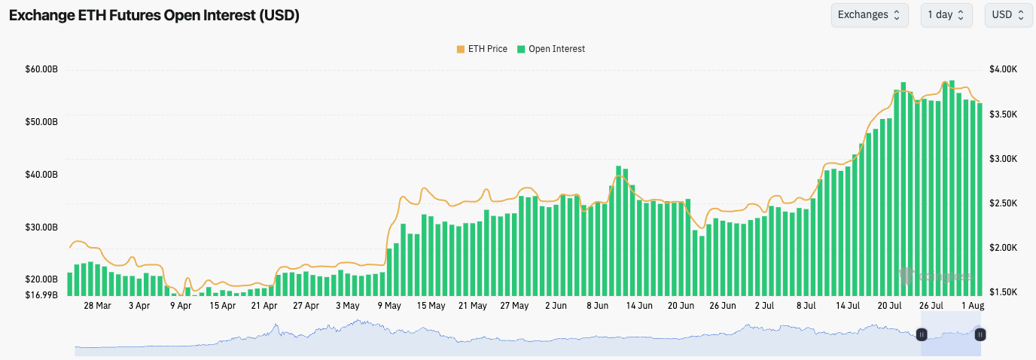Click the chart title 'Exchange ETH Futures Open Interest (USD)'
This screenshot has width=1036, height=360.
tap(154, 16)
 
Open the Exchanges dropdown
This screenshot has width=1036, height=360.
tap(869, 15)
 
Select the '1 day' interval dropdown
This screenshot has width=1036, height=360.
tap(946, 15)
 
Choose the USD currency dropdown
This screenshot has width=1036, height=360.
tap(1007, 15)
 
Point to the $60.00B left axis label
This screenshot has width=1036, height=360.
tap(41, 70)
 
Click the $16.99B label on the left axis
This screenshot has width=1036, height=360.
tap(41, 294)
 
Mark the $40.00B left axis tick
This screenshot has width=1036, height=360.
tap(41, 175)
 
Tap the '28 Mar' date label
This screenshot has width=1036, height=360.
tap(97, 306)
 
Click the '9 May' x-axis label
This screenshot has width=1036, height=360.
tap(389, 306)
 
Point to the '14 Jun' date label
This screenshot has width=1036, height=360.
tap(639, 306)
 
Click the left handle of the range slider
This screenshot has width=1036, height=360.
tap(921, 334)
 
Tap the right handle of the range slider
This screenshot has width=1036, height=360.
tap(980, 334)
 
